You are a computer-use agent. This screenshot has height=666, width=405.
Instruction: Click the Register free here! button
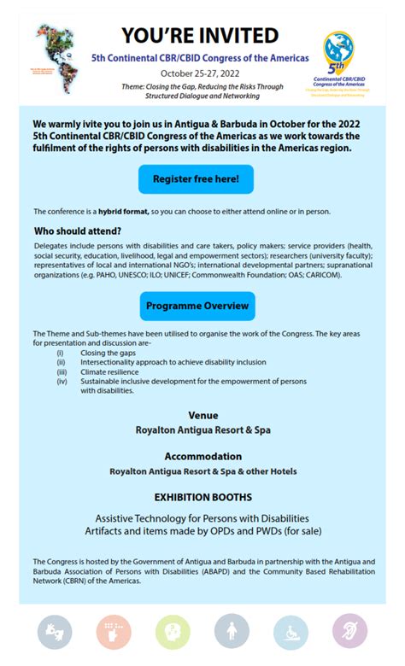(196, 179)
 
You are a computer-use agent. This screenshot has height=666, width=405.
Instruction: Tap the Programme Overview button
(197, 306)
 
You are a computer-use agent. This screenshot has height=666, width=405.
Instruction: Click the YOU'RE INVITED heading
(200, 35)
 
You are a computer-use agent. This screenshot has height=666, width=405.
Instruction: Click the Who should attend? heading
(77, 231)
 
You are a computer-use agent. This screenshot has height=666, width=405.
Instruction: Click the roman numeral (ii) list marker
(61, 362)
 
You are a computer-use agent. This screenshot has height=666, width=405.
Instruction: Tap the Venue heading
(202, 416)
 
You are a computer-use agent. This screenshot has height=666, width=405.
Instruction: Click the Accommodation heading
(202, 457)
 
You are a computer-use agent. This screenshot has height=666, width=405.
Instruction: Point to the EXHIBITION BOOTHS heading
(202, 497)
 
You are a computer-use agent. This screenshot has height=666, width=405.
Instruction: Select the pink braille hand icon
(114, 633)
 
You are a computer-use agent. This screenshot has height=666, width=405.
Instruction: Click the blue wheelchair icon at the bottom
(291, 633)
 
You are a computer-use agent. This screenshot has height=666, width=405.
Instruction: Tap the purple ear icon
(349, 632)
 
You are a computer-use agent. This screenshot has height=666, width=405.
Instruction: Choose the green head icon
(173, 633)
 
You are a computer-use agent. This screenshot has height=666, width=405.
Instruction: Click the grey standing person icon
(232, 633)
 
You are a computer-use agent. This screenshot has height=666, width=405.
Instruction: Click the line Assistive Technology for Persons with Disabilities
(202, 518)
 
